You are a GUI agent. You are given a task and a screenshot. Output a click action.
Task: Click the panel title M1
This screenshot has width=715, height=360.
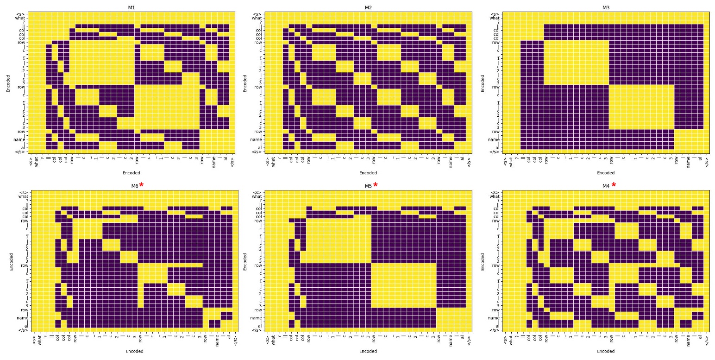tap(131, 7)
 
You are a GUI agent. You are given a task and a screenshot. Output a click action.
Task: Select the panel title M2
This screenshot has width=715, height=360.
tap(368, 7)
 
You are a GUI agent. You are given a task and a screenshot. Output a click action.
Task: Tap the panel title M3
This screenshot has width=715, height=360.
tap(606, 7)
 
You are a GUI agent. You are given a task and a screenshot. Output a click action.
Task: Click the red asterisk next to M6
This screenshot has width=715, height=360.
tap(142, 185)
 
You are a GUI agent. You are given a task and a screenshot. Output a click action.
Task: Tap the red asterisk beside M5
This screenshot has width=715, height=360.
tap(376, 185)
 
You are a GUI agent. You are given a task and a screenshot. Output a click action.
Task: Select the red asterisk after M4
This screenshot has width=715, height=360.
tap(614, 185)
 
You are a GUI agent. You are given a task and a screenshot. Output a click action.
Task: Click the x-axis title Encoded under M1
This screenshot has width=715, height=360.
tap(131, 173)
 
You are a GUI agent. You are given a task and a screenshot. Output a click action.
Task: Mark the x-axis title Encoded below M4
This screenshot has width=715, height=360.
tap(606, 351)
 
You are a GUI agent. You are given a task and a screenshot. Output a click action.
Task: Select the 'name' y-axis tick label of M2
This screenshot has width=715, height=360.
tap(256, 139)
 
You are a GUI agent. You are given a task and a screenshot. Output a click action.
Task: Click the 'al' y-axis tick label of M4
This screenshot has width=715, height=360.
tap(497, 326)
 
